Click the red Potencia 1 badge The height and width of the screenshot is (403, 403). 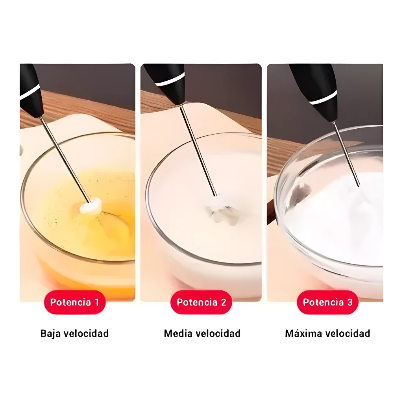coord(74,302)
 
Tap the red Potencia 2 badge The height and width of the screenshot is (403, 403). coord(201,302)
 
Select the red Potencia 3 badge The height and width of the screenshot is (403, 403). coord(328,302)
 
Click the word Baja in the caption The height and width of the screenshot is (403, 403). coord(51,334)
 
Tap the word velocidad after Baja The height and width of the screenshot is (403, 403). coord(86,334)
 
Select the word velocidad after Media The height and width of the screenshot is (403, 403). coord(218,334)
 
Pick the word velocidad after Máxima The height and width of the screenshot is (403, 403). coord(348,334)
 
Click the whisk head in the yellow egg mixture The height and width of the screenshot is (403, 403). coord(91,206)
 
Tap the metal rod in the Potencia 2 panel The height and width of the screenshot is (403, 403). coord(198,151)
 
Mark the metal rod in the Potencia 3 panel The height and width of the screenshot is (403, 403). coord(346,154)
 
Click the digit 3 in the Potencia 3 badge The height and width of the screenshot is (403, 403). coord(350,302)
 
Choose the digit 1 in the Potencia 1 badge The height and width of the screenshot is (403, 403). coord(97,302)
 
